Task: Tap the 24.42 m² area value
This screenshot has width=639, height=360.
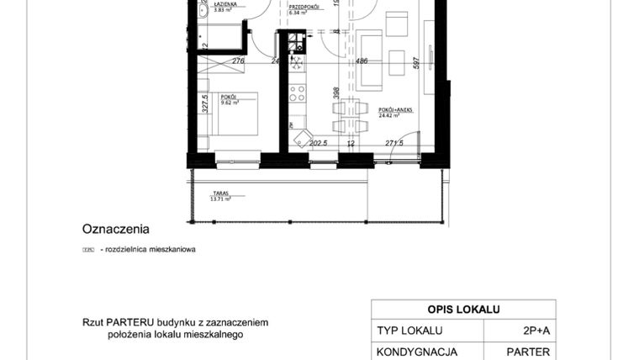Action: point(388,117)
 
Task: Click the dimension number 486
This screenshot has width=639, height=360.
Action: point(362,61)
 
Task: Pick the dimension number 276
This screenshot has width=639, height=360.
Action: point(238,61)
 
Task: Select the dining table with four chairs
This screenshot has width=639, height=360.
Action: point(351,116)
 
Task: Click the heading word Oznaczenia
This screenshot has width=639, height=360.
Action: point(116,228)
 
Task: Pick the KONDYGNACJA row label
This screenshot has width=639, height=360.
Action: point(417,352)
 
